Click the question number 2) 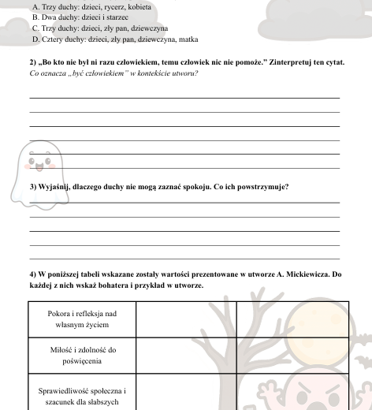coord(32,61)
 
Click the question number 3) coord(32,187)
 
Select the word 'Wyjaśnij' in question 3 coord(56,187)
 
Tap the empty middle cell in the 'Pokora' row coord(186,318)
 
